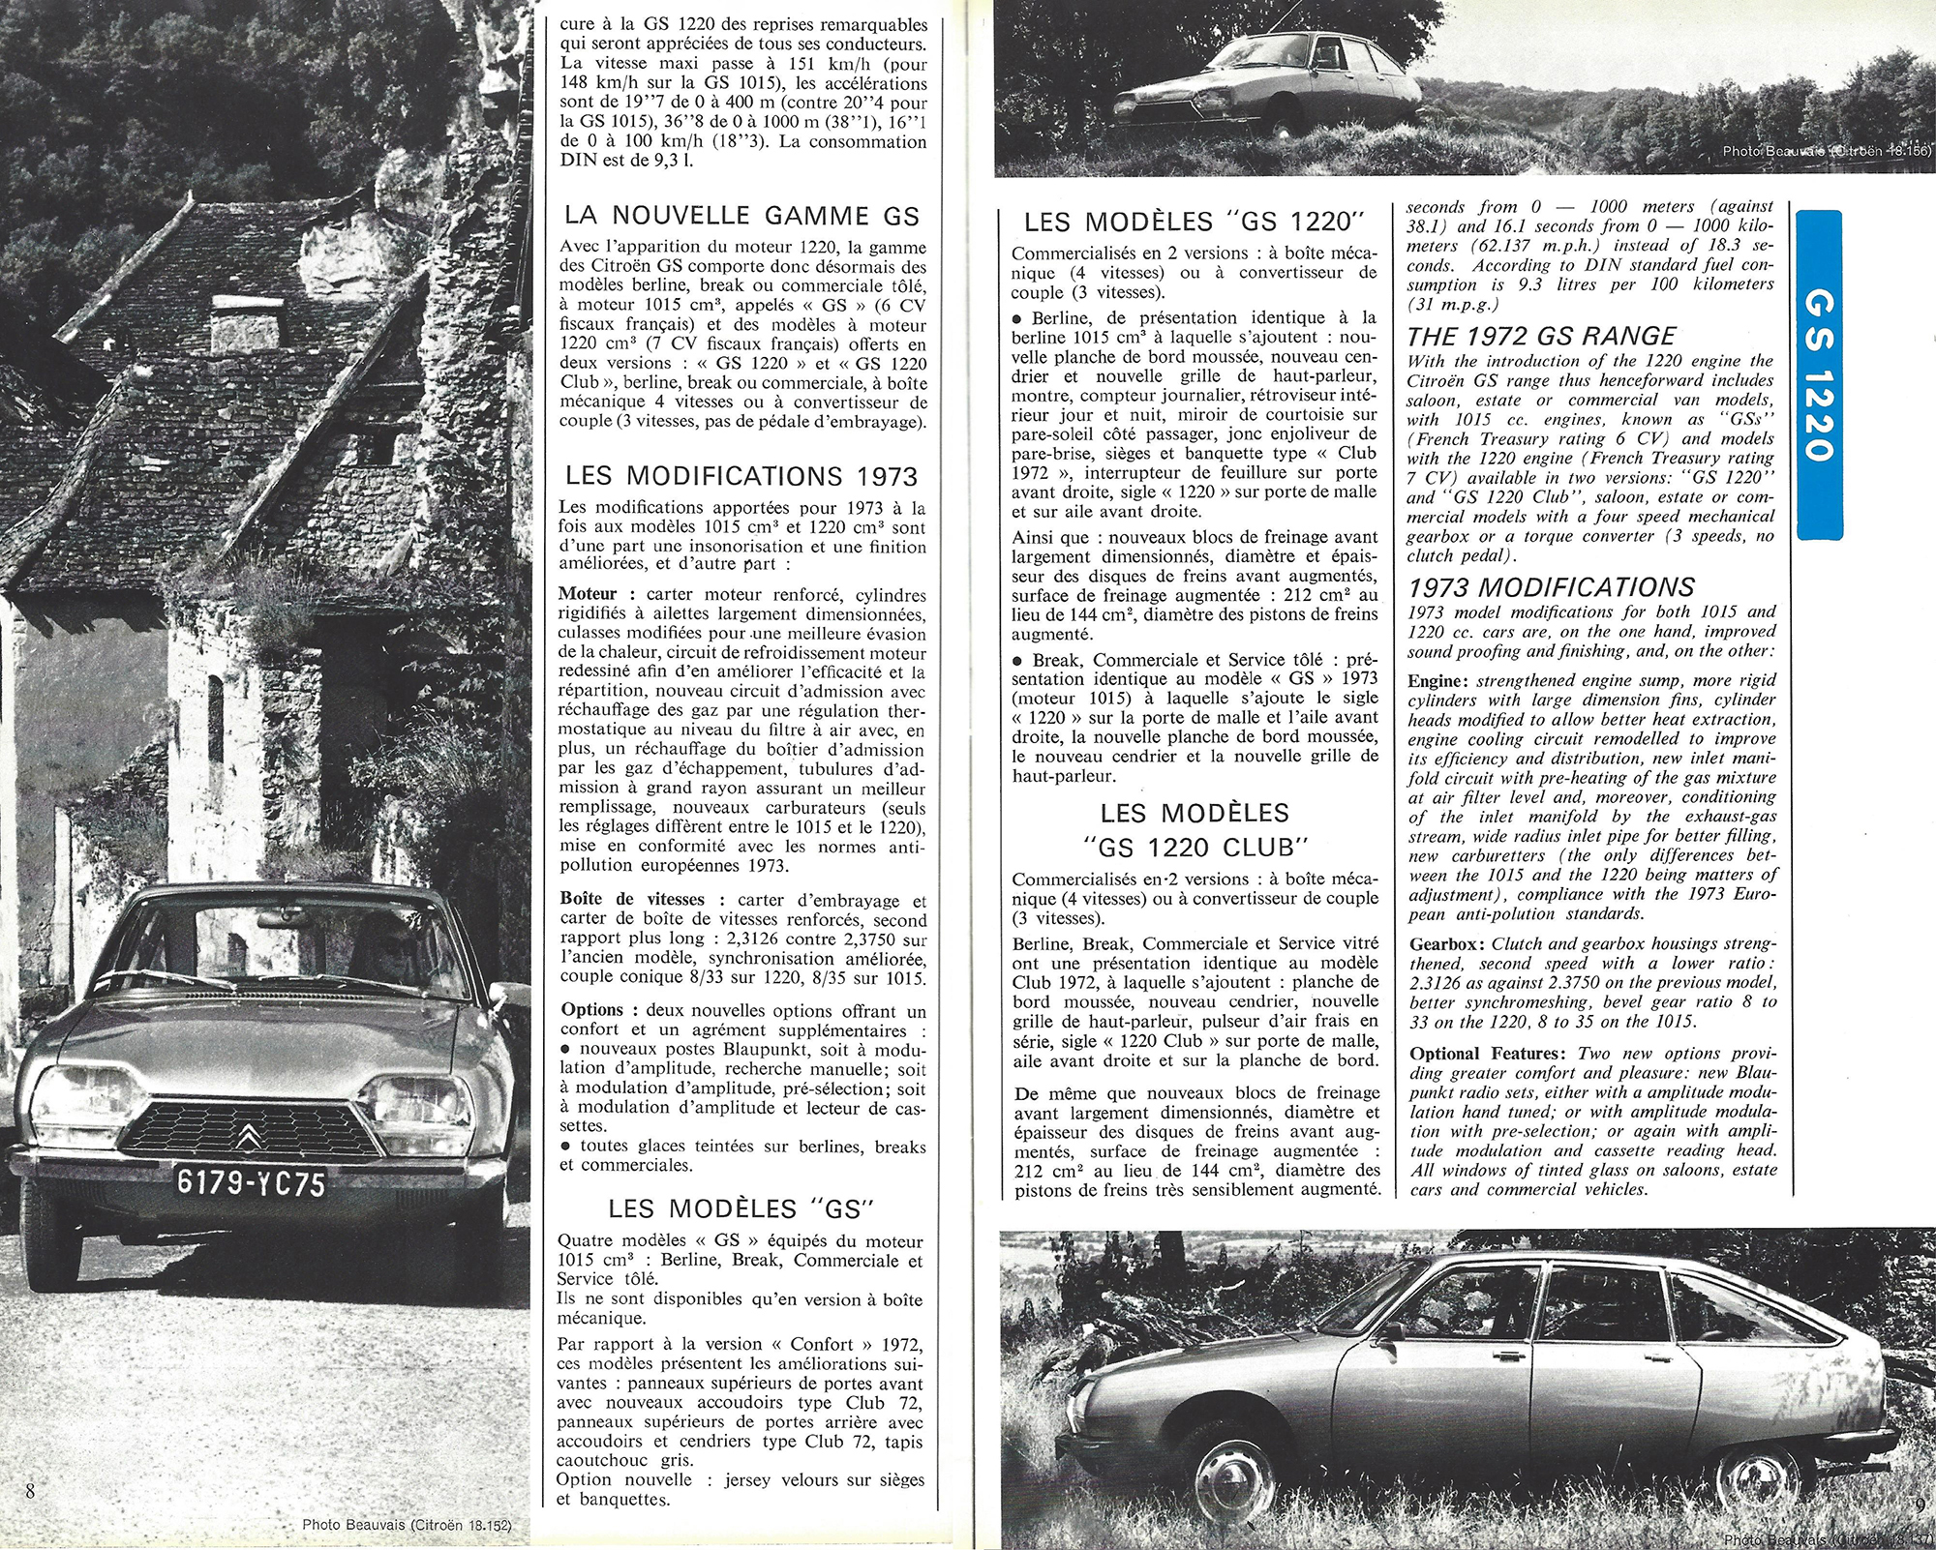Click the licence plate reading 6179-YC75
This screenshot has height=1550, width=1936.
click(251, 1182)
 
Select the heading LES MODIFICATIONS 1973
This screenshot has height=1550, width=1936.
click(741, 476)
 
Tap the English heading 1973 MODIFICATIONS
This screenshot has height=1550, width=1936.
click(1550, 587)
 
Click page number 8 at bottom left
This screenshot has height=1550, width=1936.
click(30, 1491)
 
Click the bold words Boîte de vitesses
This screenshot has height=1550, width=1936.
click(632, 899)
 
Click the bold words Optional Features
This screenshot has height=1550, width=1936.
click(1489, 1054)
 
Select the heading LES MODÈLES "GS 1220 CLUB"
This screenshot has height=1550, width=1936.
click(1193, 830)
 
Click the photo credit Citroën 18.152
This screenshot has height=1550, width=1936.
click(406, 1525)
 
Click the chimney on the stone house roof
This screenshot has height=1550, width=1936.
click(245, 332)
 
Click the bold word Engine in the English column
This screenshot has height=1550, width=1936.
click(1437, 681)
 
